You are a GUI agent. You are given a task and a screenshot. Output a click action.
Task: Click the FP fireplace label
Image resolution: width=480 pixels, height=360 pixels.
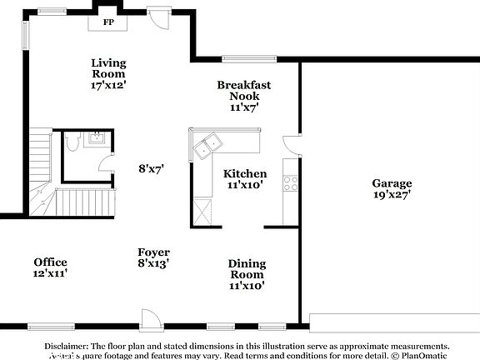108,22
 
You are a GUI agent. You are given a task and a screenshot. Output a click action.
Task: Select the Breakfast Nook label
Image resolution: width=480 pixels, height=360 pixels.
243,96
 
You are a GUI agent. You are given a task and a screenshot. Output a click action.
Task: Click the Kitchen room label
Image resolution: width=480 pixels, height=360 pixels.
245,179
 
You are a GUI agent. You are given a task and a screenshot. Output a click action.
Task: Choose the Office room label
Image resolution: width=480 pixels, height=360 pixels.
50,267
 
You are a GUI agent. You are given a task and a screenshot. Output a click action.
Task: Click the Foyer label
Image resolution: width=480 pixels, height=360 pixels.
153,257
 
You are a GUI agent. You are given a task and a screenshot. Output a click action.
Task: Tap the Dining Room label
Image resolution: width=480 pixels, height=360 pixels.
247,274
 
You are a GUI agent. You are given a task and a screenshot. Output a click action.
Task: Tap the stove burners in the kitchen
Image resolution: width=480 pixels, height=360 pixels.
290,182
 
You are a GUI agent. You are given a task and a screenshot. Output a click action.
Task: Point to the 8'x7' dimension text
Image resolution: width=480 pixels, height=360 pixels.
151,168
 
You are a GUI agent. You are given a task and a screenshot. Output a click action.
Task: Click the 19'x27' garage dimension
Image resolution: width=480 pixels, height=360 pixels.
392,195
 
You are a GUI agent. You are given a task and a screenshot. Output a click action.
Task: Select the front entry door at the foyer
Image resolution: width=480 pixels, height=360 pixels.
151,318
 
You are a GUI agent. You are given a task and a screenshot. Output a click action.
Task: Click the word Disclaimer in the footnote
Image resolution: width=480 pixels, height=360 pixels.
67,346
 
